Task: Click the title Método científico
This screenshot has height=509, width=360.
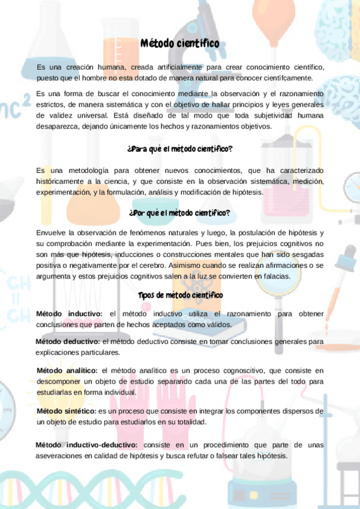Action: tap(180, 44)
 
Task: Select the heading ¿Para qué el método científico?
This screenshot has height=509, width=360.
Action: tap(180, 148)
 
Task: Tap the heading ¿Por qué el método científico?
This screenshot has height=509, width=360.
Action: tap(179, 212)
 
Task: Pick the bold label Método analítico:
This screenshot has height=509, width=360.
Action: tap(68, 370)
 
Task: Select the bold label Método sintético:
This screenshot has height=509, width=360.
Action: tap(67, 411)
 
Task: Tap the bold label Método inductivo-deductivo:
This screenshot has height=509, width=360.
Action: tap(86, 445)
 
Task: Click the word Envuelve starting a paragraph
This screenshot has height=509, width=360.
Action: tap(52, 232)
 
